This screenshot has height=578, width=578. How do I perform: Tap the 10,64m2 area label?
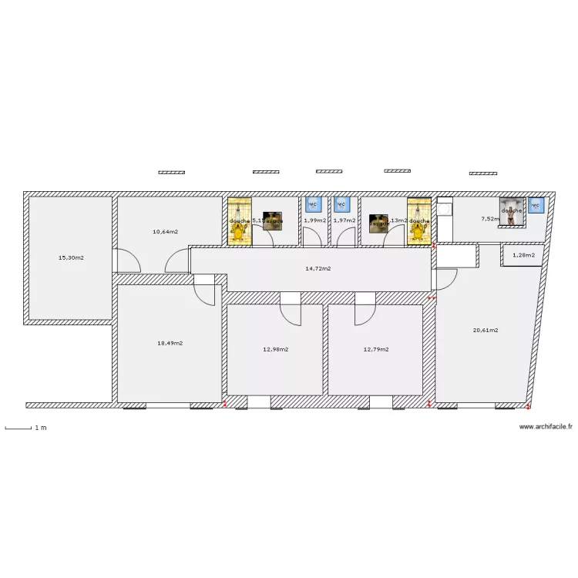coord(165,231)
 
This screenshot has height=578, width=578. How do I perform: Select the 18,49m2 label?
coord(170,344)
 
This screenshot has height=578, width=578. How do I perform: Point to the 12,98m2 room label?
coord(275,349)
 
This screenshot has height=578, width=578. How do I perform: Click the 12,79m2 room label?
coord(375,349)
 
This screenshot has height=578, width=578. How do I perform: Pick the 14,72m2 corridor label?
coord(318,269)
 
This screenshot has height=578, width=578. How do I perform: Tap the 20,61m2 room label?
coord(485,330)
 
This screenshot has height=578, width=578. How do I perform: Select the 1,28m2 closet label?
coord(523,255)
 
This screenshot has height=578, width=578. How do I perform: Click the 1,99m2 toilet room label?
coord(314,220)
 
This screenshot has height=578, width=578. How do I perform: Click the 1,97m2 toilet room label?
coord(344,220)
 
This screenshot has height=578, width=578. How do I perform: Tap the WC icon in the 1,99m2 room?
coord(313,204)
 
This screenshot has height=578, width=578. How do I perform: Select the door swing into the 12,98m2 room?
coord(290,312)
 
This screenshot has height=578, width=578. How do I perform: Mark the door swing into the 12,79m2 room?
coord(364,312)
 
